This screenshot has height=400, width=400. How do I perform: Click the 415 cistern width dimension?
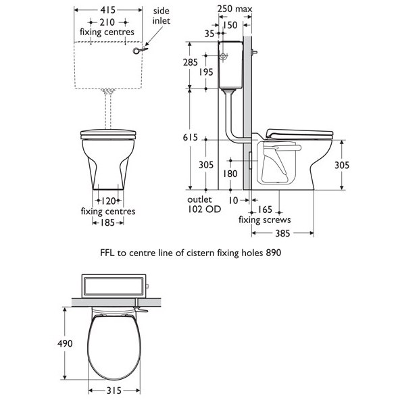tap(107, 10)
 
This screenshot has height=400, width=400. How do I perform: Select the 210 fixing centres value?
tap(107, 22)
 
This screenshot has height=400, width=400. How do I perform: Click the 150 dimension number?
tap(231, 25)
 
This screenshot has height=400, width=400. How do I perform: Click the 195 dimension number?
tap(207, 71)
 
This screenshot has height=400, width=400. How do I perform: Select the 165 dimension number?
tap(265, 209)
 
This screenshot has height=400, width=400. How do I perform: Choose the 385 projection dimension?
tap(282, 233)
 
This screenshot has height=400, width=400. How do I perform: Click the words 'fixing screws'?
tap(265, 220)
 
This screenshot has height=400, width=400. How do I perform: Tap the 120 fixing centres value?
tap(107, 201)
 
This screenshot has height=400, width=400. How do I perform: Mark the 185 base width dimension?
tap(107, 222)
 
